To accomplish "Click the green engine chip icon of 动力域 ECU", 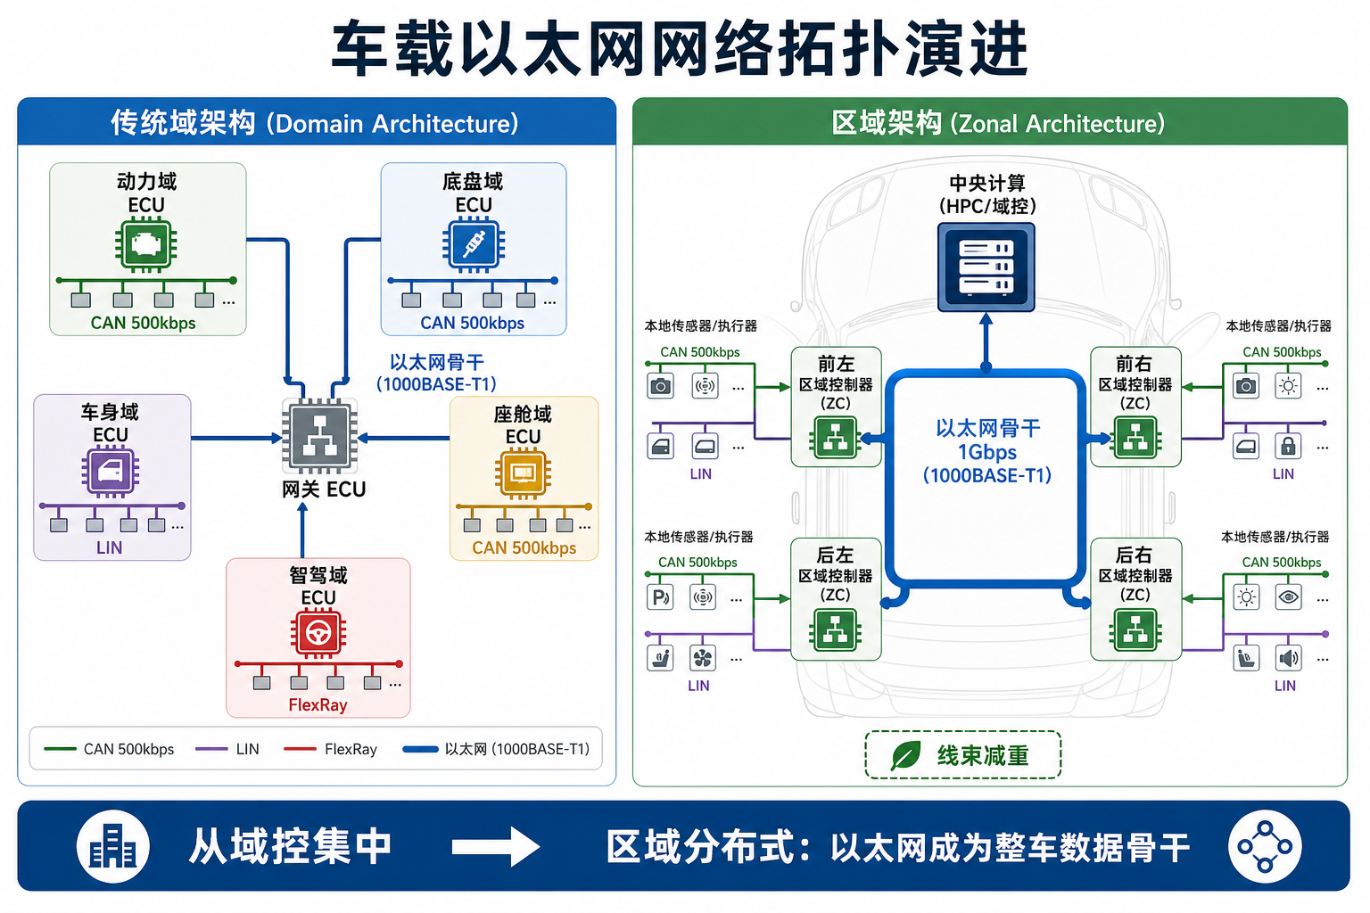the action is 146,245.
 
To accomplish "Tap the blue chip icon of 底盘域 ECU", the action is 474,245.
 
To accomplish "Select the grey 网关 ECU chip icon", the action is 320,436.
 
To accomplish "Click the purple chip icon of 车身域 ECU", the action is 110,471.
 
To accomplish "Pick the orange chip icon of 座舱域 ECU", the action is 523,473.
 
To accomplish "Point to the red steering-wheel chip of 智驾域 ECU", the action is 318,633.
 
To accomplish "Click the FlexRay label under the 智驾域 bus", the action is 318,705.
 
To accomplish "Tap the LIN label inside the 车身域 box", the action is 110,547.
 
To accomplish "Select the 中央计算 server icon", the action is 986,267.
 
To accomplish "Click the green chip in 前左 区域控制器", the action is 836,438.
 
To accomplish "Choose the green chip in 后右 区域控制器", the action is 1135,629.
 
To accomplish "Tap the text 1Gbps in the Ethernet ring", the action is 987,452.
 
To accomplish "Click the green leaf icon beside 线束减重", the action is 906,755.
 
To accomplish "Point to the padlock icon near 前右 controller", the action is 1288,447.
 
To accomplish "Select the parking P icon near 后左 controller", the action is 660,596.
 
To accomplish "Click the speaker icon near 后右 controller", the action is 1288,658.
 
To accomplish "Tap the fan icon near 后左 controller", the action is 703,658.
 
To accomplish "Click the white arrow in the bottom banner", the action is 495,847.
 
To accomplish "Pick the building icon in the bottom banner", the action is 113,846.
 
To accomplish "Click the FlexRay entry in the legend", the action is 330,749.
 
